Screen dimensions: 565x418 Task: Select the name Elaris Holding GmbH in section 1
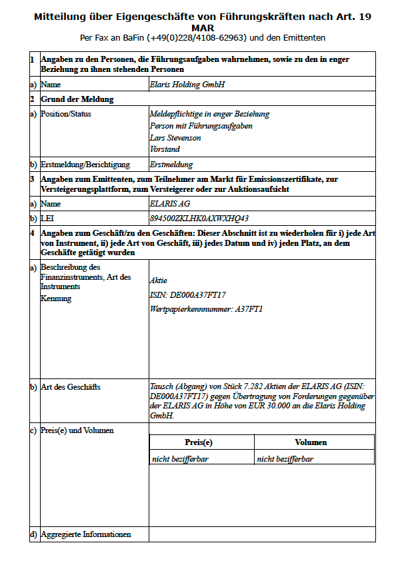[187, 85]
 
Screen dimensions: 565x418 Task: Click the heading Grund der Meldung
[77, 99]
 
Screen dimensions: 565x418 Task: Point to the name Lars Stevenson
[175, 138]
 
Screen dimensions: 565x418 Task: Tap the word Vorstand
[165, 149]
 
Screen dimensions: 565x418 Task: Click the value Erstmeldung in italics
[171, 165]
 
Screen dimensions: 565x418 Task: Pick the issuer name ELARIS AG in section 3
[171, 204]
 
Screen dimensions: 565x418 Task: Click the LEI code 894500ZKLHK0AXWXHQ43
[199, 219]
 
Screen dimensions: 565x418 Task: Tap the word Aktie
[159, 281]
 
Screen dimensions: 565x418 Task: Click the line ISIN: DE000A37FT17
[189, 295]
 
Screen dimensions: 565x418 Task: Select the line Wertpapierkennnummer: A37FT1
[207, 308]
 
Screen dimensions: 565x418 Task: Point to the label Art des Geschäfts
[71, 387]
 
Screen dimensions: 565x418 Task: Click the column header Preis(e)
[199, 442]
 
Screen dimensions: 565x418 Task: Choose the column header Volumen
[311, 442]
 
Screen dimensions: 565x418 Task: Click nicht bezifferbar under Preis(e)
[180, 458]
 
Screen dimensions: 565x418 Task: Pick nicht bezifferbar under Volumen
[285, 458]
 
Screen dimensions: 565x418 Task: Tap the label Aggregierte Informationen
[85, 534]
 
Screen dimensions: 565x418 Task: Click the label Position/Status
[66, 114]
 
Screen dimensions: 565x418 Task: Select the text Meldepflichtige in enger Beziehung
[209, 114]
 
